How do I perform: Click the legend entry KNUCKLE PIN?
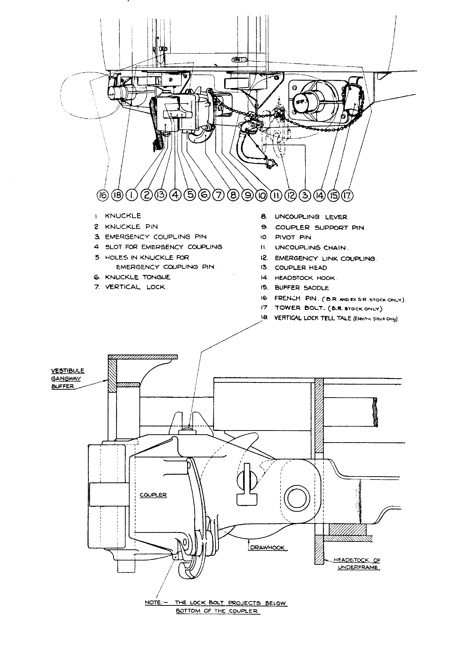[131, 226]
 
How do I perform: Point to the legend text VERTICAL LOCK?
[136, 287]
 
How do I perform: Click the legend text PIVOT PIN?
[293, 237]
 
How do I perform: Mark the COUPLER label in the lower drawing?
[153, 495]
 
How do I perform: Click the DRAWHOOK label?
[267, 548]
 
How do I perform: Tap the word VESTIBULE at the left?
[68, 371]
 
